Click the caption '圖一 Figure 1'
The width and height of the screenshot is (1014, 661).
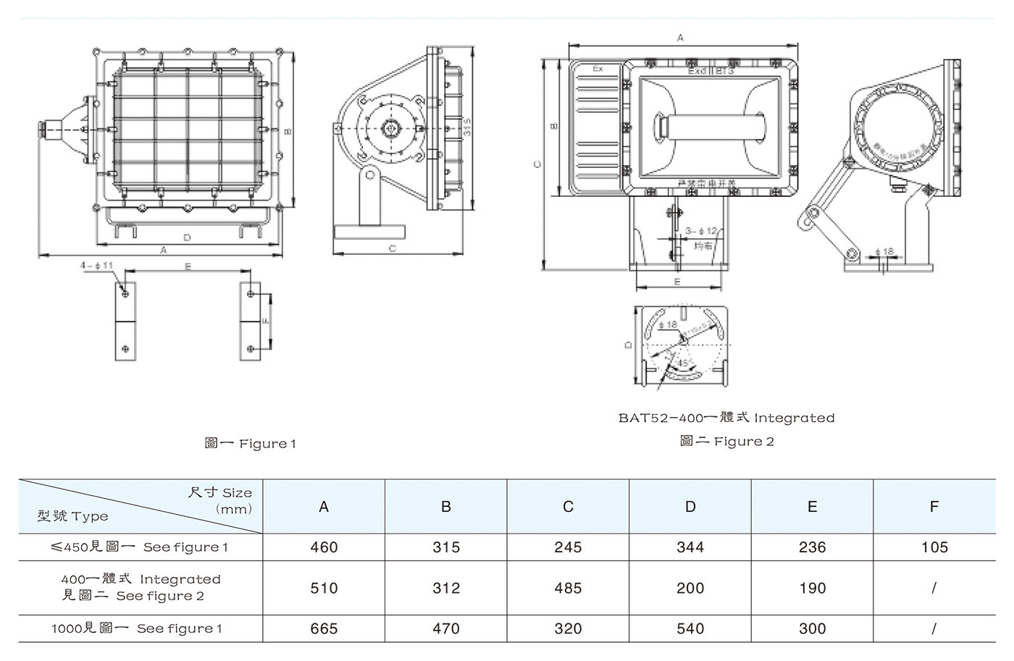250,443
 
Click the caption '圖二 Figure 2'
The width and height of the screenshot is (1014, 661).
726,441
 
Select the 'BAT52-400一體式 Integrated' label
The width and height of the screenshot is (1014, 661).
726,418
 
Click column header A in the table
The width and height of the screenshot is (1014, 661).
324,507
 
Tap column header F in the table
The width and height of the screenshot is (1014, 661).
934,507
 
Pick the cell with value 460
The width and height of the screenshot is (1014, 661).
324,547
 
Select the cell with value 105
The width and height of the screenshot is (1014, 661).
934,547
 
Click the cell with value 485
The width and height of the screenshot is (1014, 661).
568,588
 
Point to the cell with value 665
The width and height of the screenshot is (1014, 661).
324,628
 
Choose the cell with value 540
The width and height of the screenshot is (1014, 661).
690,628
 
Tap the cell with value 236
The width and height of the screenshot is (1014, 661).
812,547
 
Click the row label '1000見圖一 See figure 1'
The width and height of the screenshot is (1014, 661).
137,628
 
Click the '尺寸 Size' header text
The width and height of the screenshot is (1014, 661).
220,493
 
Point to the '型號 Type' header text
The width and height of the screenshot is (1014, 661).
73,516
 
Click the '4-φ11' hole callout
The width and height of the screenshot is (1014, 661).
96,266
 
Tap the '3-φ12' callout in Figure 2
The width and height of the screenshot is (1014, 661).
700,231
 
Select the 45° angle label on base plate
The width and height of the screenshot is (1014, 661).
682,362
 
